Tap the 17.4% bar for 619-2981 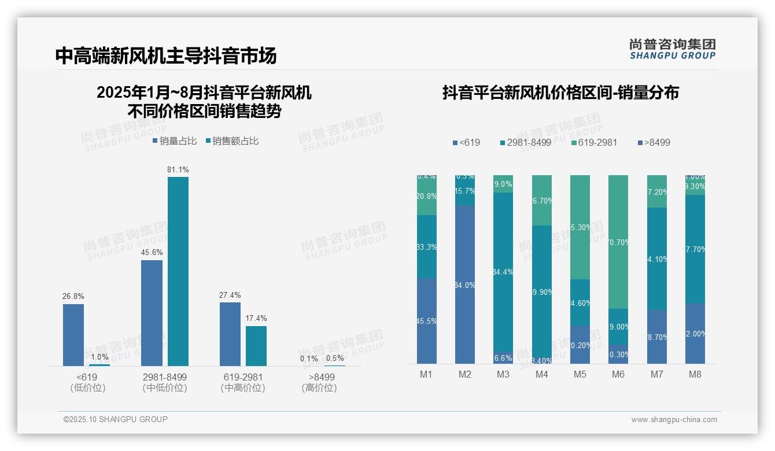pos(256,345)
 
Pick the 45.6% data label pos(152,252)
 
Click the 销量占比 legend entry pos(174,141)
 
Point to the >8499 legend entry pos(654,142)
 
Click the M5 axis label pos(580,374)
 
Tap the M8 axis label pos(695,374)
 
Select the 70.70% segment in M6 pos(618,242)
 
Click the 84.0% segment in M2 pos(465,284)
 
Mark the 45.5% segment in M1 pos(427,321)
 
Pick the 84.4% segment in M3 pos(503,272)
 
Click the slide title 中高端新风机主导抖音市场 pos(166,56)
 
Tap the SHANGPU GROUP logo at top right pos(673,49)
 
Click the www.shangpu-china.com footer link pos(674,420)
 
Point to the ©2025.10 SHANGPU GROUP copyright pos(116,419)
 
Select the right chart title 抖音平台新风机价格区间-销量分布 pos(560,93)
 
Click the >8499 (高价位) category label pos(319,382)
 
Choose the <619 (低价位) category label pos(88,382)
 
